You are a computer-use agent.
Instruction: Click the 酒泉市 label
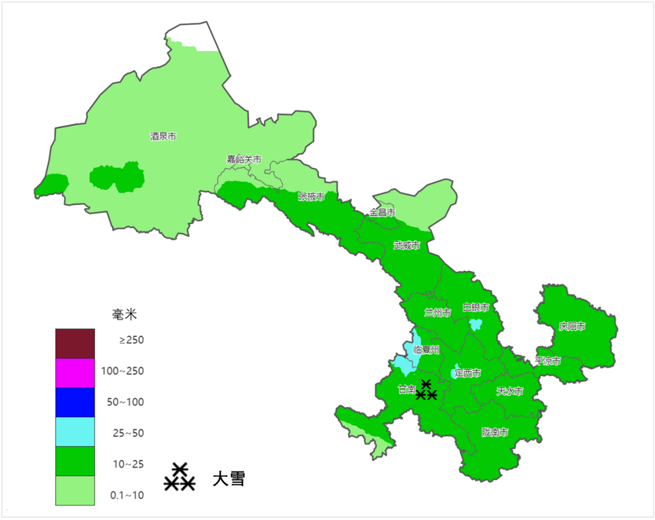click(x=163, y=137)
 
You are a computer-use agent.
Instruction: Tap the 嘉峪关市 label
click(x=244, y=160)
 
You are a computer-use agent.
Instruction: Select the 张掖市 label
click(x=311, y=197)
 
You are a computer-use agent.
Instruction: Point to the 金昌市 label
click(x=382, y=213)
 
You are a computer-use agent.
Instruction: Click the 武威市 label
click(x=406, y=246)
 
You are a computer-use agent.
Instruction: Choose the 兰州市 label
click(x=437, y=313)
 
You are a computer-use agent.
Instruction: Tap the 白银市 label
click(x=475, y=308)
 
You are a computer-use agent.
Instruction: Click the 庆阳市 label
click(x=572, y=327)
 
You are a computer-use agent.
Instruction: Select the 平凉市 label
click(x=548, y=361)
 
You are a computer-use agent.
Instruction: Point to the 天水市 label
click(x=509, y=392)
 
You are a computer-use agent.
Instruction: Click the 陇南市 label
click(x=495, y=433)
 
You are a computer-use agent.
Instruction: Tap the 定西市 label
click(x=468, y=373)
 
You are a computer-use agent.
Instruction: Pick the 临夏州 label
click(x=426, y=350)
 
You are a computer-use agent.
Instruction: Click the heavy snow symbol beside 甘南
click(x=426, y=391)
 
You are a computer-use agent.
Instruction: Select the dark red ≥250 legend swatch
click(x=75, y=343)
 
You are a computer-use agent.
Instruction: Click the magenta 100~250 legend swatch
click(x=75, y=373)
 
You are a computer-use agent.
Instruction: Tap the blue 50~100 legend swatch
click(x=75, y=402)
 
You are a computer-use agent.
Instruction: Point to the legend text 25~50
click(x=128, y=433)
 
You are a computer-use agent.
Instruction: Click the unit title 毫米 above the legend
click(x=125, y=315)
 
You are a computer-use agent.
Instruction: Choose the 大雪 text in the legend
click(x=229, y=479)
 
